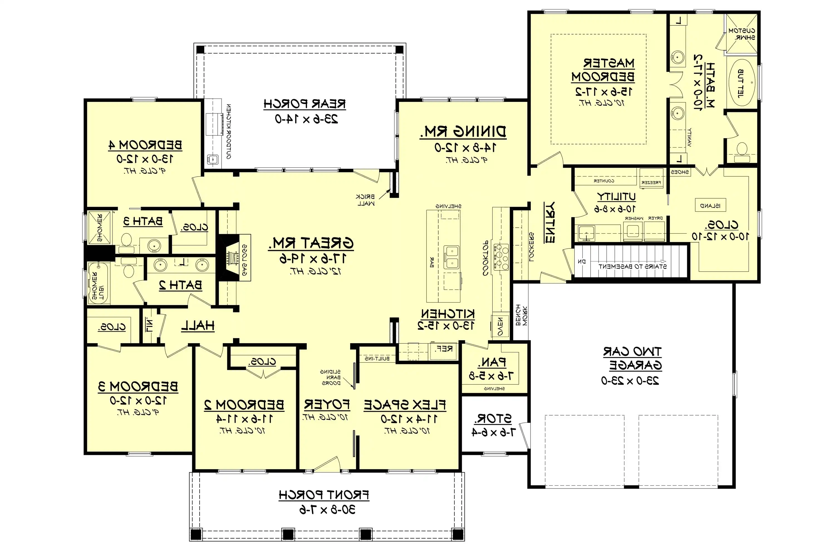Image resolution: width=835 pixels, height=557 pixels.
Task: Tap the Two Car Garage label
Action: click(x=633, y=358)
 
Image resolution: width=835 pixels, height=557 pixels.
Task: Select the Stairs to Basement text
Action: click(x=632, y=266)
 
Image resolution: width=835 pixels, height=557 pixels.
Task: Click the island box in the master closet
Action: click(x=710, y=205)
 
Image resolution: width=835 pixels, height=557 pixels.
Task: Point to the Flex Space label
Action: click(x=405, y=405)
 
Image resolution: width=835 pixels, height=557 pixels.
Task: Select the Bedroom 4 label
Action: click(x=145, y=145)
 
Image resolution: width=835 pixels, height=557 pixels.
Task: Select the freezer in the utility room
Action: click(x=651, y=178)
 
